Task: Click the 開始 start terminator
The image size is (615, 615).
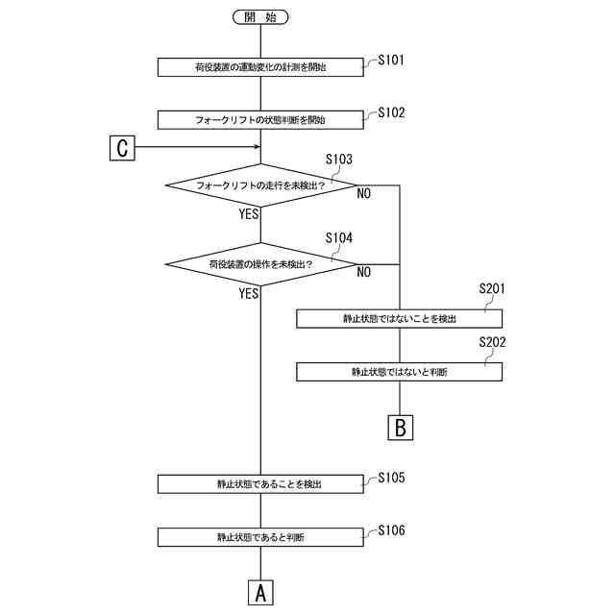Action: (260, 16)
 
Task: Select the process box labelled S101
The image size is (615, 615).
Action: (260, 66)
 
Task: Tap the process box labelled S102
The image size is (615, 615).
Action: (260, 120)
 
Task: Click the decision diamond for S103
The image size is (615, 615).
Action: (260, 184)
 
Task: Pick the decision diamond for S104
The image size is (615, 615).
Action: (260, 262)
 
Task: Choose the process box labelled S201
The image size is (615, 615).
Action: (399, 318)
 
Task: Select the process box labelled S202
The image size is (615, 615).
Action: (399, 371)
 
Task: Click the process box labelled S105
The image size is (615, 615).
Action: (260, 484)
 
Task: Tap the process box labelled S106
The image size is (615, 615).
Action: (260, 537)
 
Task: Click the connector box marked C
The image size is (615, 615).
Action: (123, 148)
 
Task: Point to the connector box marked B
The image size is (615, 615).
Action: (401, 426)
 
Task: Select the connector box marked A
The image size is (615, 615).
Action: (260, 592)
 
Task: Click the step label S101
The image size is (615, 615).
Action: (391, 60)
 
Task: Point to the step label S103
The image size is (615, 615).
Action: (339, 159)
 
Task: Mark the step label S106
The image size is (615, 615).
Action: (391, 530)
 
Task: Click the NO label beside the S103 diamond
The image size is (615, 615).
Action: (364, 194)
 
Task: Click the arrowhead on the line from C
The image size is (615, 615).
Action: (257, 148)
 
